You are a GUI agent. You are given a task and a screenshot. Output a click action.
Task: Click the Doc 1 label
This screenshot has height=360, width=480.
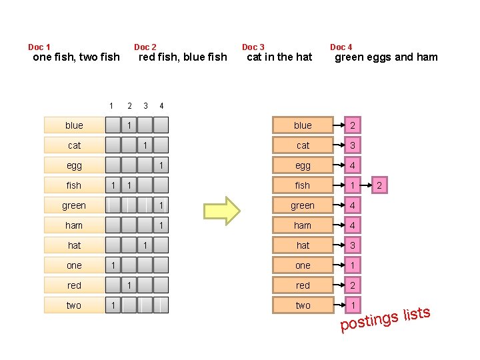[39, 47]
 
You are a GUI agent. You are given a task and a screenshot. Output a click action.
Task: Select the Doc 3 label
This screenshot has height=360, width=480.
[253, 47]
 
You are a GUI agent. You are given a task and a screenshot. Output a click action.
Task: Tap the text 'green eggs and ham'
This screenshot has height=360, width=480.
[386, 57]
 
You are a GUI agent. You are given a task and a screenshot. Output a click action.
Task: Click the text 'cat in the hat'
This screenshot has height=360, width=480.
[279, 57]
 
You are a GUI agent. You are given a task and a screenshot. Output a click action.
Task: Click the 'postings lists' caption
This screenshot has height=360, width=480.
[385, 319]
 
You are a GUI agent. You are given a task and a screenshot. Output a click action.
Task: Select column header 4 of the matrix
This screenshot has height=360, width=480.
[161, 106]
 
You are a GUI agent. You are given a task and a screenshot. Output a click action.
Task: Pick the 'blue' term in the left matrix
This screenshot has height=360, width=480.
[74, 125]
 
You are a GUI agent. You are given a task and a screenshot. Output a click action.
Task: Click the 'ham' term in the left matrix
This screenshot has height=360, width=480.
[74, 225]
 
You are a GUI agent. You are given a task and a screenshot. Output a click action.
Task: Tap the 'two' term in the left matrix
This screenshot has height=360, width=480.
[74, 305]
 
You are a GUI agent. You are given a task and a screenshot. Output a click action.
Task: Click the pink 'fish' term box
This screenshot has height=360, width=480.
[303, 185]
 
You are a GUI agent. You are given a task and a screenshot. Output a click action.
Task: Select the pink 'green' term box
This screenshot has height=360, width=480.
[303, 205]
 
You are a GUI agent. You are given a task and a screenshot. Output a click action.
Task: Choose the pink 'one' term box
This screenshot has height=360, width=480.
[303, 265]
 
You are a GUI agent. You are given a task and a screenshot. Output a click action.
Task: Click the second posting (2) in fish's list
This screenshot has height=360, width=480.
[379, 185]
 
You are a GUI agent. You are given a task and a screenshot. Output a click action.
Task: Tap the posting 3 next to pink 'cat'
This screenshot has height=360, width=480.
[352, 145]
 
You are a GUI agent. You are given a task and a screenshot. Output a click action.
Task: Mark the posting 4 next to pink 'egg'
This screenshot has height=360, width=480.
[352, 165]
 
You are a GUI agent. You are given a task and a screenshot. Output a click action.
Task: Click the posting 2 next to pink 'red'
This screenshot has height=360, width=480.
[352, 285]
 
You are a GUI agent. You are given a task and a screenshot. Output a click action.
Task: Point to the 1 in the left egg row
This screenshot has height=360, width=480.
[161, 165]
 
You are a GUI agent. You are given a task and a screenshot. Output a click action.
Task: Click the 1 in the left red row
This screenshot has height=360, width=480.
[129, 285]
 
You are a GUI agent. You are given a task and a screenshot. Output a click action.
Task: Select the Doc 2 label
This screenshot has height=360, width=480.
[145, 47]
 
